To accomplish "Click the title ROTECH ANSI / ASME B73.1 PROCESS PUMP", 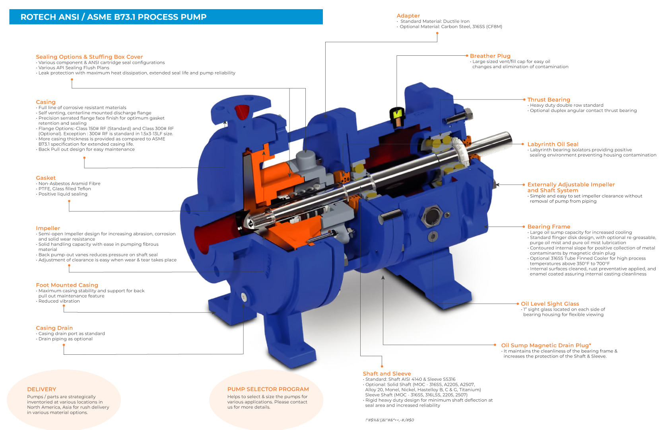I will coord(113,17).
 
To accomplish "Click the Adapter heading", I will coord(408,16).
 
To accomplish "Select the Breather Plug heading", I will coord(490,56).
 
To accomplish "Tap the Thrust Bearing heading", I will coord(548,100).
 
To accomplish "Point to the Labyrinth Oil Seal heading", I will coord(553,144).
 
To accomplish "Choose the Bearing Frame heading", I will coord(549,227).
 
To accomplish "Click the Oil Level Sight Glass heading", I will coord(550,304).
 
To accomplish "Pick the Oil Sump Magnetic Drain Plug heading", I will coord(546,346).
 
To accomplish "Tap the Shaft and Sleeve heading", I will coord(386,374).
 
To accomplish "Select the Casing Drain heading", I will coord(54,328).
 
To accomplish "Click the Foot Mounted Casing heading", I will coord(67,285).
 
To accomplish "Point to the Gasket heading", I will coord(46,178).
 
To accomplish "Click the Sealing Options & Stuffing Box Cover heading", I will coord(89,57).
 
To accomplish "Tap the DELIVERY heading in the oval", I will coord(41,389).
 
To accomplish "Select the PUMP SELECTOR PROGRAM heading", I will coord(268,389).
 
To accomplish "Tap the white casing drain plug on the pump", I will coord(244,297).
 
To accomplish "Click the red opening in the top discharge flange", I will coord(241,111).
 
